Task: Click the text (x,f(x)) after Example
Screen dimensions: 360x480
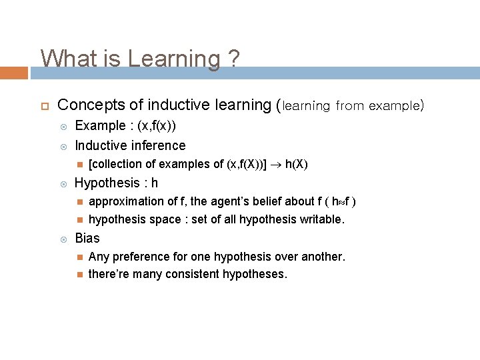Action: (157, 126)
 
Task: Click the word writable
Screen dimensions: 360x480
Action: (323, 219)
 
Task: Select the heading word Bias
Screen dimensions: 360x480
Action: (87, 238)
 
